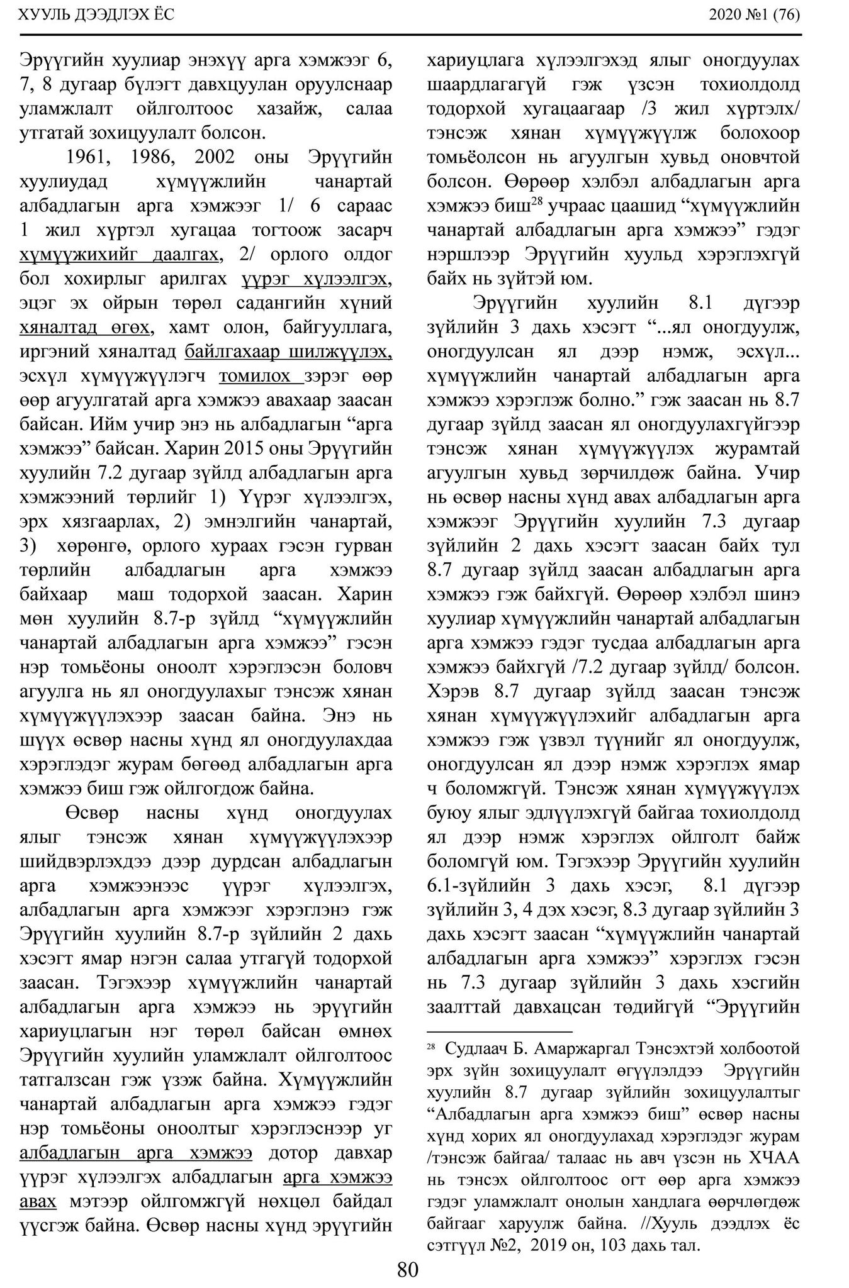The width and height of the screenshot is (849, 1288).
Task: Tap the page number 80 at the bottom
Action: click(x=407, y=1270)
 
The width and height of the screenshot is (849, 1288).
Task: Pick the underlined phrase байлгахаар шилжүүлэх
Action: click(x=289, y=352)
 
